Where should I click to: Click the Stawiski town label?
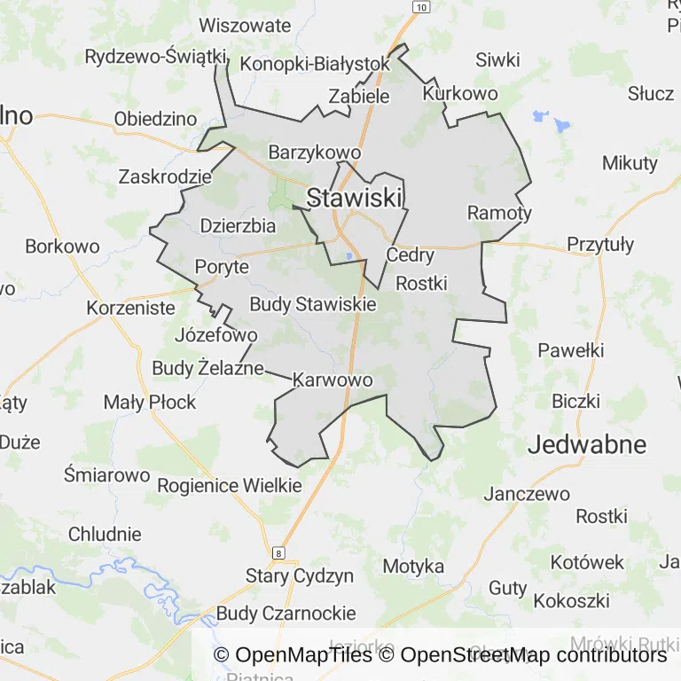(355, 198)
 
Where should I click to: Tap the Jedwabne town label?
(587, 445)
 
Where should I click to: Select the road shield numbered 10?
(421, 7)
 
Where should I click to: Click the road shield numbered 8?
(280, 553)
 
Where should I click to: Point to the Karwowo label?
(332, 380)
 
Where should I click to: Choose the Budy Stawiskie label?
(312, 304)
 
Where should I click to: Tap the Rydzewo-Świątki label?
(156, 57)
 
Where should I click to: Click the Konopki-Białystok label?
(315, 64)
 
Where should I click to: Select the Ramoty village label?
(499, 213)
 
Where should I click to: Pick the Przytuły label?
(600, 244)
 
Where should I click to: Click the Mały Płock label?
(150, 402)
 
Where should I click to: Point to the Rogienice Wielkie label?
(230, 485)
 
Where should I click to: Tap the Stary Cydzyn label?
(300, 575)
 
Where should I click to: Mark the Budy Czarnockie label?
(286, 613)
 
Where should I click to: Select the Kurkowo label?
(460, 93)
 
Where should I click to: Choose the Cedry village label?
(411, 255)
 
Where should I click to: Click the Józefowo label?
(216, 335)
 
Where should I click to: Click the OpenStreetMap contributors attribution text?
(533, 655)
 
